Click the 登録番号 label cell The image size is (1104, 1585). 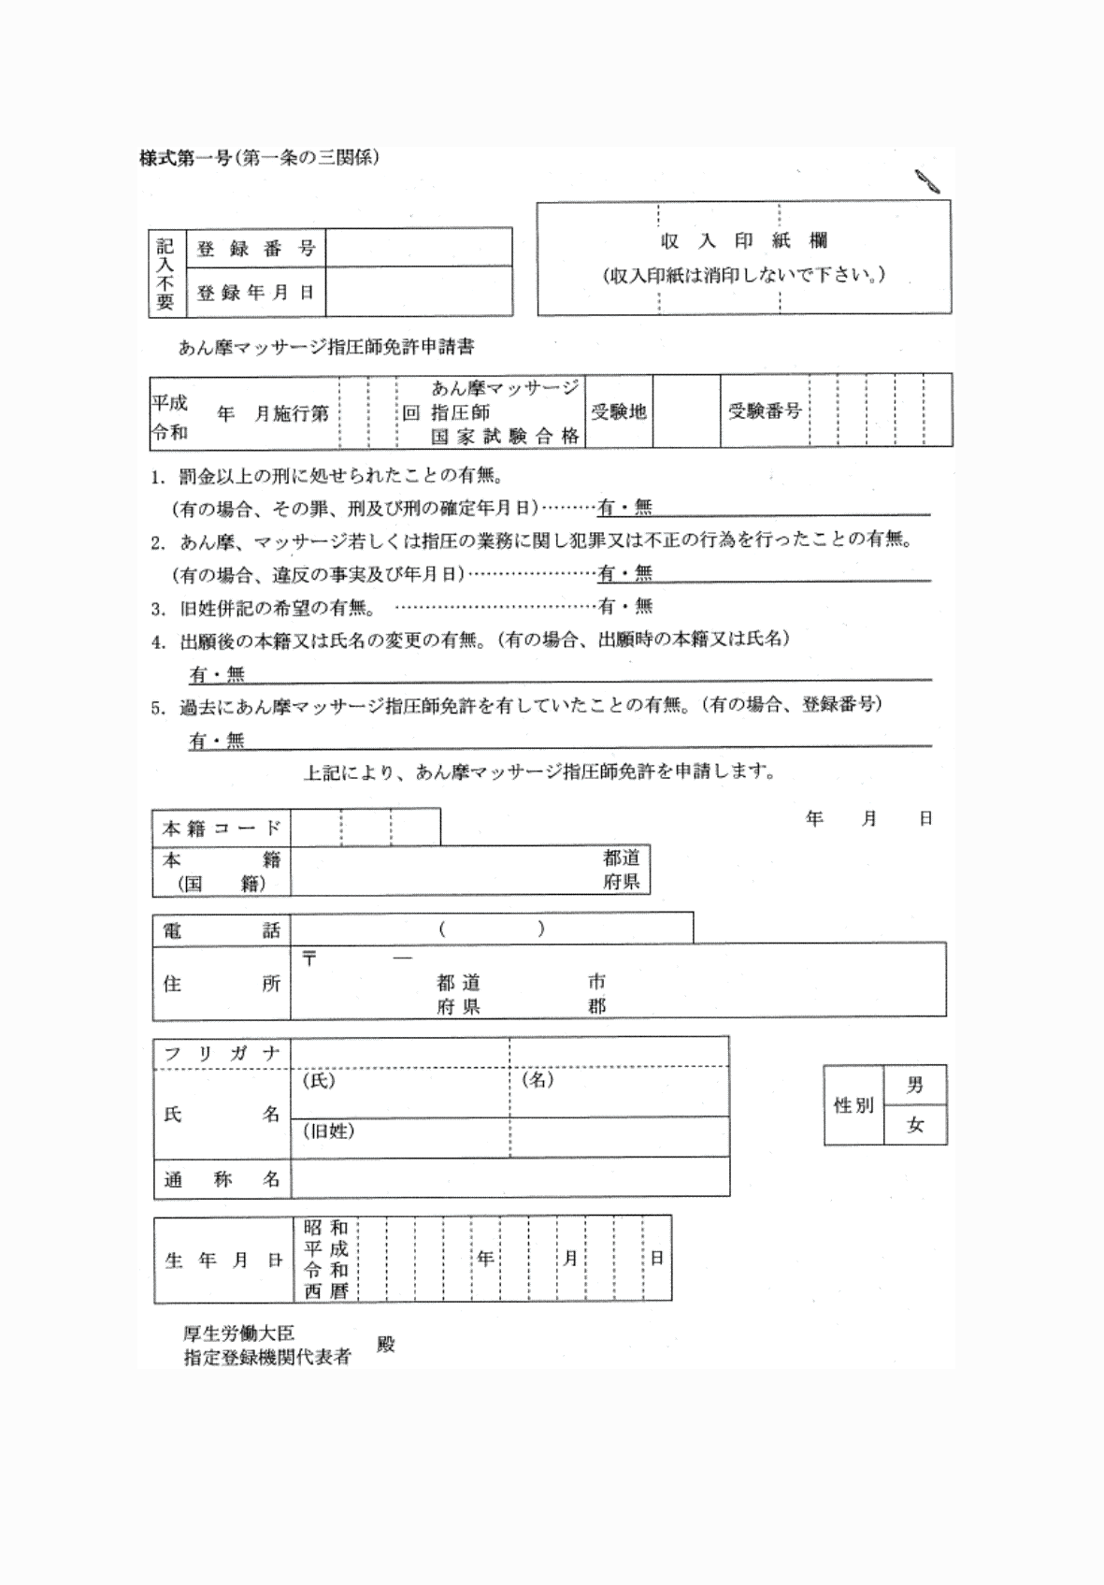tap(256, 249)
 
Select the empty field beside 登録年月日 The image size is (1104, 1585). tap(419, 293)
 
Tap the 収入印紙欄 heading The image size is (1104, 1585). tap(744, 241)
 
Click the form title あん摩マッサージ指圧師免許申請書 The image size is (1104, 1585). tap(326, 347)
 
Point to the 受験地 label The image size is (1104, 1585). tap(619, 411)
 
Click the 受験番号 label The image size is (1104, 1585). tap(765, 411)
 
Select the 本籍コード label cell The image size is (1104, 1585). tap(222, 829)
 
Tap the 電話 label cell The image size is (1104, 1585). tap(222, 930)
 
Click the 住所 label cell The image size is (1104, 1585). tap(222, 984)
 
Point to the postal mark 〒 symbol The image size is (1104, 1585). tap(309, 958)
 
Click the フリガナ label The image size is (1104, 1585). tap(222, 1054)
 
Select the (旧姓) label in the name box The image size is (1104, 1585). tap(327, 1131)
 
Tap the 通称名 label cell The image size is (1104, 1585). tap(222, 1180)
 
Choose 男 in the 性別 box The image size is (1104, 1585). tap(915, 1085)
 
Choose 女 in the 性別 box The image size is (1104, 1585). tap(915, 1126)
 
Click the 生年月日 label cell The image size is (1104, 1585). tap(224, 1261)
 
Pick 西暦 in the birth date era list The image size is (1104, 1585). tap(325, 1291)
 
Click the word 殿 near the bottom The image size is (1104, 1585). tap(385, 1345)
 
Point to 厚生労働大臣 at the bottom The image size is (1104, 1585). tap(239, 1334)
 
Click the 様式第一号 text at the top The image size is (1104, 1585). tap(185, 158)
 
